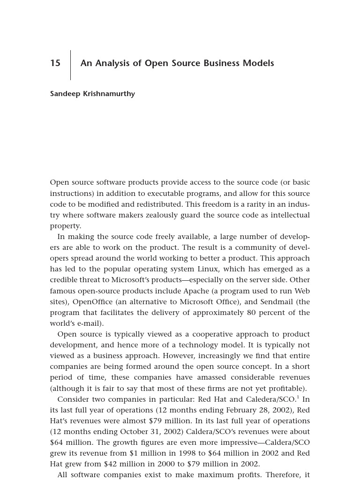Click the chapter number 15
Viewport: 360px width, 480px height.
click(x=55, y=63)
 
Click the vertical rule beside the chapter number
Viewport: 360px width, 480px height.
click(x=71, y=65)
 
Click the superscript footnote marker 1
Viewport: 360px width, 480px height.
click(x=298, y=397)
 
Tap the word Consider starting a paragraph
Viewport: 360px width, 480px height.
click(x=74, y=399)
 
